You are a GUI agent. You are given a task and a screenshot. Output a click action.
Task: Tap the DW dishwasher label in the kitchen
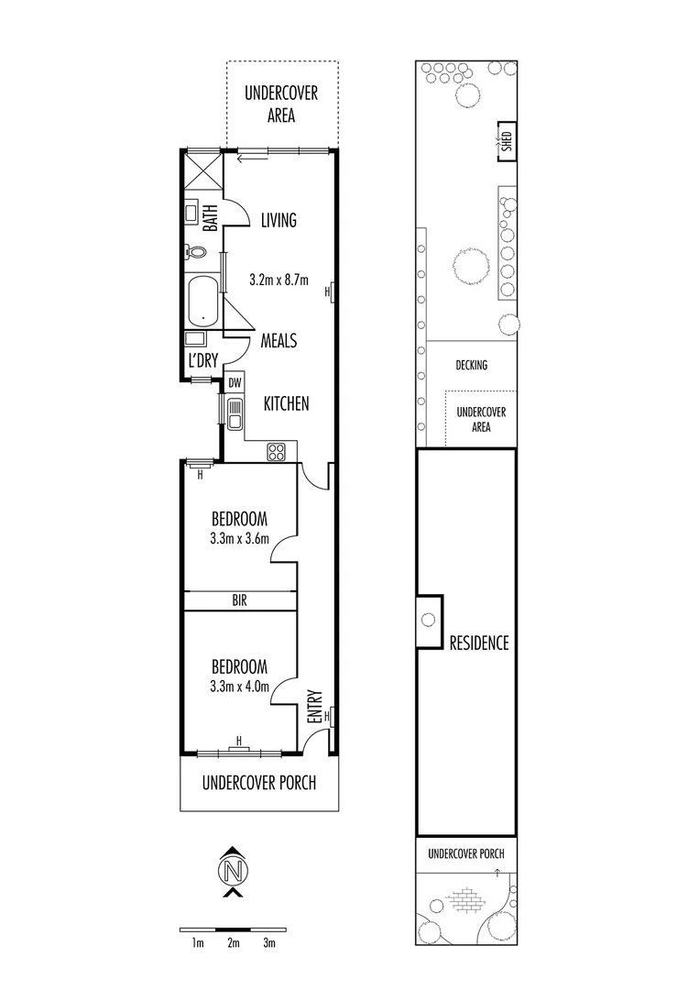[235, 382]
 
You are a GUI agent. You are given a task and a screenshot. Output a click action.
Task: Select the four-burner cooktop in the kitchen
[276, 451]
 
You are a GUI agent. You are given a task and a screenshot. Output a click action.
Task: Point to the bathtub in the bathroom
[202, 301]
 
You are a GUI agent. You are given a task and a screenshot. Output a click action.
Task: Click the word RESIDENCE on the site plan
[477, 643]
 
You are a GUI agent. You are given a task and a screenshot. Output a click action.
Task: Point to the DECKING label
[471, 365]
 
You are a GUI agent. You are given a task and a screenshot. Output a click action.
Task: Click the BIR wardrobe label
[239, 600]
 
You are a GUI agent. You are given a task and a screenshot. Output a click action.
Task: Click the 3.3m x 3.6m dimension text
[239, 538]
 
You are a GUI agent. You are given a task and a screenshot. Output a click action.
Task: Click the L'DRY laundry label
[202, 360]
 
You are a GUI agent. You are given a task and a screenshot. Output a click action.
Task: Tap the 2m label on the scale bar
[233, 942]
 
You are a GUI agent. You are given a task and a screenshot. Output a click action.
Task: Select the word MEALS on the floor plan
[279, 340]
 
